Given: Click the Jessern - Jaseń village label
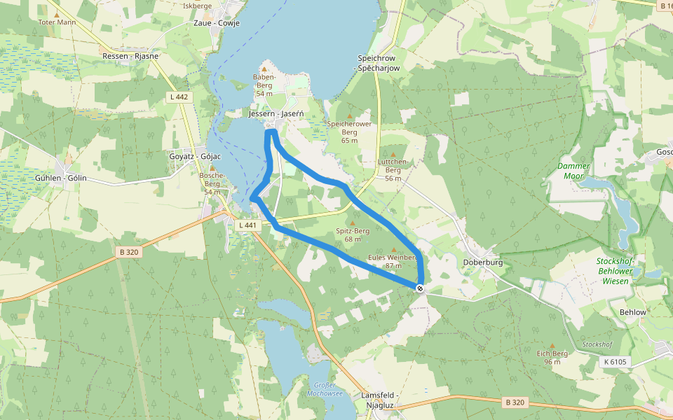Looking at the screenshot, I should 276,113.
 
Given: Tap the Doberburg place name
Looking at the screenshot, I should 483,262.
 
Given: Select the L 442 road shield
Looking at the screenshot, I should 179,97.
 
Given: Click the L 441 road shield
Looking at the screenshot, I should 247,225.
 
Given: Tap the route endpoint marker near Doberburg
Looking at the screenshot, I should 420,288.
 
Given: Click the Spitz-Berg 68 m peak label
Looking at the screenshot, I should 353,234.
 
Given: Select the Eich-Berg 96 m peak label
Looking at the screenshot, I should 552,357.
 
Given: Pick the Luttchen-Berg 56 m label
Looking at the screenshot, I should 393,169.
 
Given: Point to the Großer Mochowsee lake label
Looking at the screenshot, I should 325,388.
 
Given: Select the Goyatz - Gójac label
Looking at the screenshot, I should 196,156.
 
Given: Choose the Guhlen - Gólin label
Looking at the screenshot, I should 60,178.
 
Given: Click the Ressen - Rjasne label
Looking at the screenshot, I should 130,56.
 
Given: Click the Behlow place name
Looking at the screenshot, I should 633,312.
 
